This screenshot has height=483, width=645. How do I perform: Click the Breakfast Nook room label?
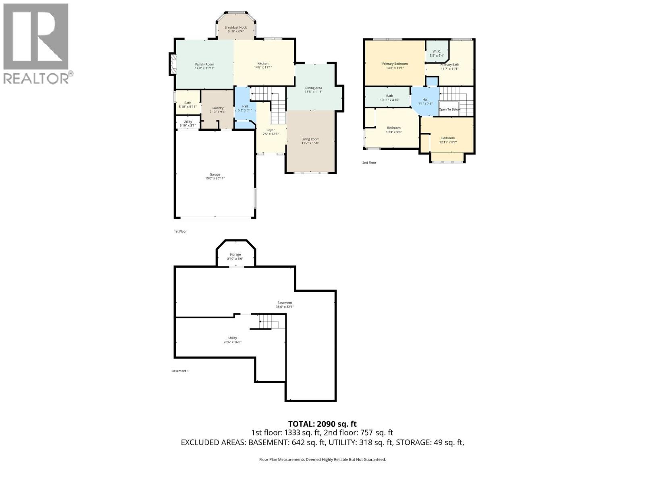pos(236,27)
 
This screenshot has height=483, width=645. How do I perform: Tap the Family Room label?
pos(204,64)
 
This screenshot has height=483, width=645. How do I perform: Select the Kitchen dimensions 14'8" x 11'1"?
pos(263,68)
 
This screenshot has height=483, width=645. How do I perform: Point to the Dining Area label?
pos(313,88)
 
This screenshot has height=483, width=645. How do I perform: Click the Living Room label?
pos(310,139)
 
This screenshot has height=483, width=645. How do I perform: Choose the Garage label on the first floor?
pos(214,174)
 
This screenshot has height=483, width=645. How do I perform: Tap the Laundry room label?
pos(217,108)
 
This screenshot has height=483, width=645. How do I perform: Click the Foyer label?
pos(270,130)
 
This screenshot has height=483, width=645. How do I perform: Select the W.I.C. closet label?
pos(437,52)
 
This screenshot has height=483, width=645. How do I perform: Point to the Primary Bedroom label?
pos(395,64)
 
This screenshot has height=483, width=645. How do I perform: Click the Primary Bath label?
pos(449,64)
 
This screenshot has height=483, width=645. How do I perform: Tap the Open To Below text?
pos(449,109)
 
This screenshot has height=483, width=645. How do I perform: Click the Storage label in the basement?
pos(235,254)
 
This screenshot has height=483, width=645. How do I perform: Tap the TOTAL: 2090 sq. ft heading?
pos(322,424)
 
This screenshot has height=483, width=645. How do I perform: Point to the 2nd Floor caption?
pos(369,163)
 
